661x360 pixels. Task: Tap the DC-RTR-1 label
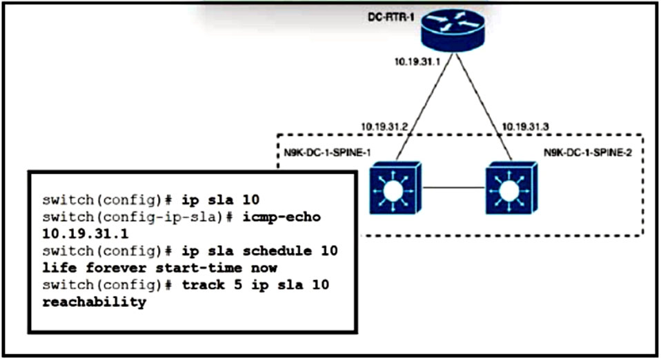coord(391,17)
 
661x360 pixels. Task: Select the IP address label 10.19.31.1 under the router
coord(417,61)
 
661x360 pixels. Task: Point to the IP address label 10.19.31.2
coord(384,126)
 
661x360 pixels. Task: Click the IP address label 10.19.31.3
coord(525,126)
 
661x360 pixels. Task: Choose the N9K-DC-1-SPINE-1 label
coord(327,152)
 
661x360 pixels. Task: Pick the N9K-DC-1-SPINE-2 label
coord(588,152)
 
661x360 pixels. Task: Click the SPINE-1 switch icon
coord(395,188)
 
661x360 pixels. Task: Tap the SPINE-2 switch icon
coord(511,188)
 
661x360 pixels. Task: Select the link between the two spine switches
coord(453,188)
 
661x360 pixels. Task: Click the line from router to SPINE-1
coord(424,107)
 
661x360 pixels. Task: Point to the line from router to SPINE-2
coord(484,107)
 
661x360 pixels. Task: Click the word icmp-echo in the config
coord(282,217)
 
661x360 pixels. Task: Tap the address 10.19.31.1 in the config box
coord(86,234)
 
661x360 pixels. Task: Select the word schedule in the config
coord(277,251)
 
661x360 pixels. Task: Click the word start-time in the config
coord(199,268)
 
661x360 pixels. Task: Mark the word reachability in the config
coord(95,302)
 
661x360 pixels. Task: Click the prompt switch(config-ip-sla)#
coord(138,217)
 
